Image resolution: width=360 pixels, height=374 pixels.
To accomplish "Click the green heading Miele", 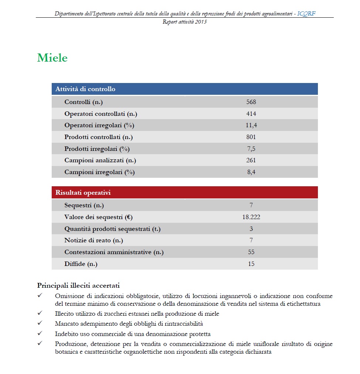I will tap(52, 58).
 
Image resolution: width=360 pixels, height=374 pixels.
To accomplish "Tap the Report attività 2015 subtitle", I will tap(185, 22).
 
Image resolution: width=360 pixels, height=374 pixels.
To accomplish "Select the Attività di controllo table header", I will tap(85, 89).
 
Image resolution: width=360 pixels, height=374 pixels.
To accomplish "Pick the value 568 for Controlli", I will tap(251, 102).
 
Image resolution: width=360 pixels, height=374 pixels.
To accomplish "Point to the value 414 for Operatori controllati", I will tap(251, 114).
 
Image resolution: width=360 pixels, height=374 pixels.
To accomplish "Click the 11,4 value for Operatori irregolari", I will tap(251, 125).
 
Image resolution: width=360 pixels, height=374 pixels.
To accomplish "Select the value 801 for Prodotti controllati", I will tap(251, 137).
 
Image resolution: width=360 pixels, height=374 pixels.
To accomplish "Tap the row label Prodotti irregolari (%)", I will tap(97, 149).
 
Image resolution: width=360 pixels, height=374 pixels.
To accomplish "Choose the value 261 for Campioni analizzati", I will tap(251, 160).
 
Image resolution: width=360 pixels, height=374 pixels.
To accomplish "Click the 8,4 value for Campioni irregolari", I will tap(251, 172).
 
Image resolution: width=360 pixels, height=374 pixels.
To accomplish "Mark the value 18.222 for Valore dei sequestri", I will tap(251, 217).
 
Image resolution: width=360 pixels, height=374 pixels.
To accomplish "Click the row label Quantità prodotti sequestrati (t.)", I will tap(112, 229).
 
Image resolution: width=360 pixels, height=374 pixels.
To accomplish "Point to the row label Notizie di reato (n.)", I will tap(93, 240).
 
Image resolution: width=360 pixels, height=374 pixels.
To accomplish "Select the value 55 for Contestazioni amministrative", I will tap(251, 252).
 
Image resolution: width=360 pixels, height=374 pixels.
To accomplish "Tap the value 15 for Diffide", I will tap(251, 264).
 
